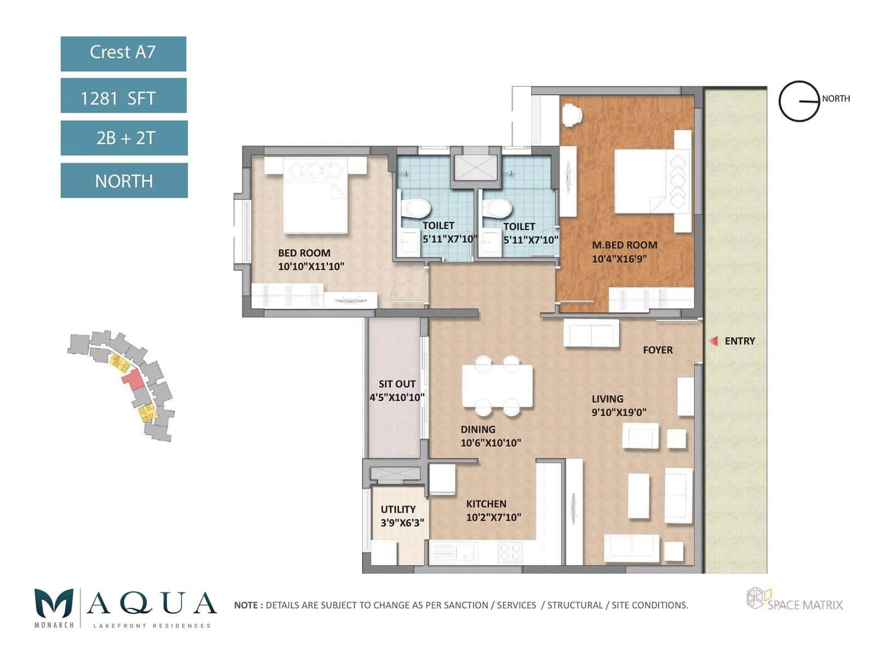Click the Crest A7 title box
click(x=123, y=54)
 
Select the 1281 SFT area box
click(x=123, y=96)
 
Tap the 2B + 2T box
click(x=124, y=138)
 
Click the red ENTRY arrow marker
click(x=714, y=341)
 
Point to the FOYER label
click(x=658, y=350)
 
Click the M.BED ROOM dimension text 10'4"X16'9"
click(x=619, y=259)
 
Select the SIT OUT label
click(x=397, y=384)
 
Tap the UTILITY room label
click(x=398, y=509)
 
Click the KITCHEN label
click(x=486, y=504)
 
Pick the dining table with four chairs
click(x=497, y=386)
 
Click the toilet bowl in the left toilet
click(x=416, y=208)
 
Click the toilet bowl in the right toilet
click(x=497, y=208)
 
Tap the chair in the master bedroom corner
click(x=572, y=114)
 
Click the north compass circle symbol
click(x=799, y=101)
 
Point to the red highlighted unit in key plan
click(x=132, y=379)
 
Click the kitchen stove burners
click(x=510, y=552)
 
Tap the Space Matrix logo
click(x=794, y=600)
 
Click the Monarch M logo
click(x=54, y=604)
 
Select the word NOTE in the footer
click(x=246, y=605)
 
